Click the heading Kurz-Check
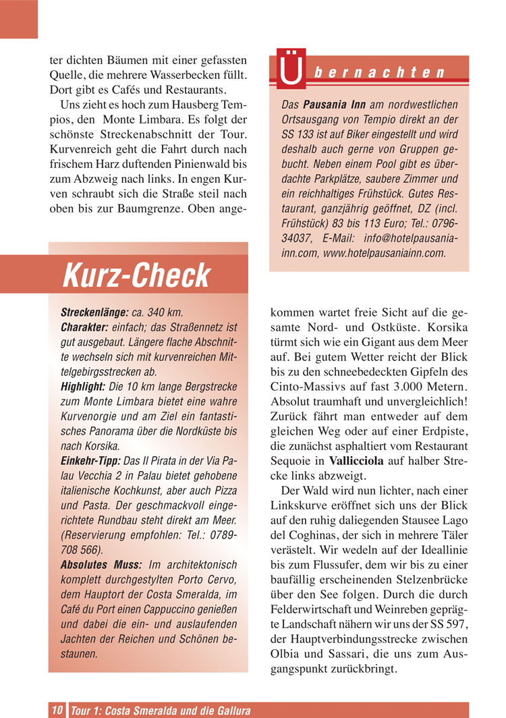coord(137,275)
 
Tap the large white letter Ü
coord(290,73)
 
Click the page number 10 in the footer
coord(57,710)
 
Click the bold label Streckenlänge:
coord(94,313)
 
